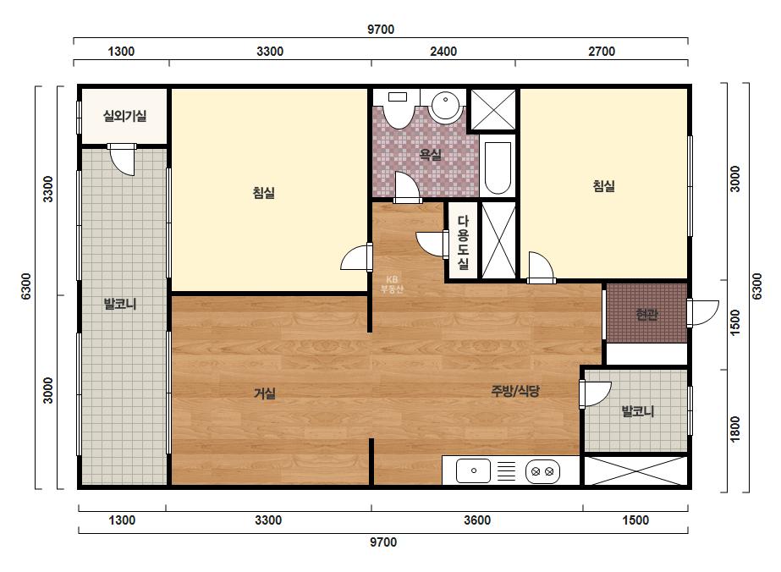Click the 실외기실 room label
(x=124, y=116)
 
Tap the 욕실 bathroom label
(x=431, y=155)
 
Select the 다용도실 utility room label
(x=463, y=242)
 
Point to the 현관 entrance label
(x=646, y=315)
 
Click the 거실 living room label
(x=265, y=393)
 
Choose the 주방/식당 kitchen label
(x=515, y=391)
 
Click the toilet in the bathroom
(x=398, y=109)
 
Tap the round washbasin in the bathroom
(x=445, y=106)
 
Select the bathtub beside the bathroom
(x=498, y=168)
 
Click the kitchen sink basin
(x=473, y=470)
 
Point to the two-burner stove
(x=542, y=471)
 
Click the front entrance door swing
(x=703, y=313)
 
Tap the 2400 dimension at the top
(x=443, y=52)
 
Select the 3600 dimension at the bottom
(x=477, y=520)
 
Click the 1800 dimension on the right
(x=735, y=429)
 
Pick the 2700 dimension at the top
(x=602, y=52)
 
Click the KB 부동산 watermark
(x=392, y=284)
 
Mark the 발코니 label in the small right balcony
(x=637, y=411)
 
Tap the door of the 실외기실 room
(x=122, y=159)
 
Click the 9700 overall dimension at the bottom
(x=383, y=542)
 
